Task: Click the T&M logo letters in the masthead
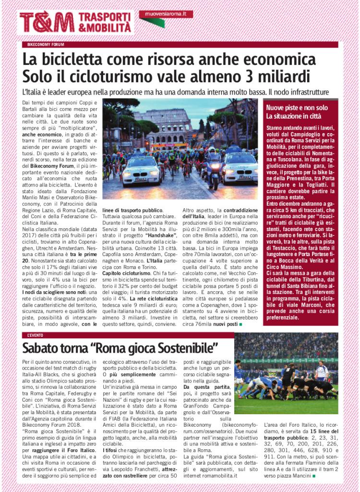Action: pos(47,22)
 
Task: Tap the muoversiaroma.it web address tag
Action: pos(166,14)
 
